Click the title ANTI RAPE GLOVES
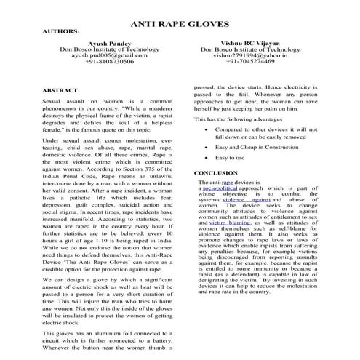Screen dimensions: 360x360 [x=180, y=23]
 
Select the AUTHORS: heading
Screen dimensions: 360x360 [x=61, y=33]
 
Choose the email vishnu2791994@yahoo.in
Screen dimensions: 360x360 [x=250, y=55]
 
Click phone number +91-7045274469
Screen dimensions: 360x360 [x=250, y=62]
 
